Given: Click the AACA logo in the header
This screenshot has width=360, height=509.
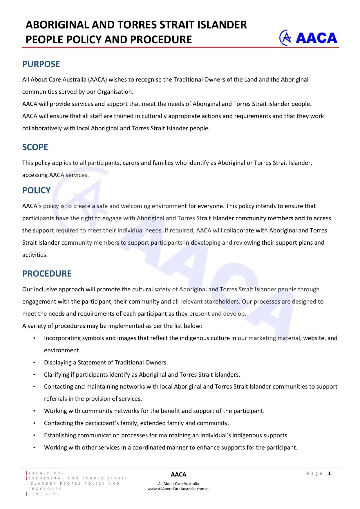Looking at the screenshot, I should coord(308,38).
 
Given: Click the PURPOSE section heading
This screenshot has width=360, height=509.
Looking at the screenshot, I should coord(41,64).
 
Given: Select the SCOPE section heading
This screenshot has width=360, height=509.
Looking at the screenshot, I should coord(35,147).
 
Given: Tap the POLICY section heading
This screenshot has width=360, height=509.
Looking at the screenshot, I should coord(36,190).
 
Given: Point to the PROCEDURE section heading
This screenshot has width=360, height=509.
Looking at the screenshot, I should coord(47,274).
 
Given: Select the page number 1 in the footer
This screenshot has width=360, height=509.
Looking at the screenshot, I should coord(329,473).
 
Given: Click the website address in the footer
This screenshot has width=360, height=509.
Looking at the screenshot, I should coord(178,489).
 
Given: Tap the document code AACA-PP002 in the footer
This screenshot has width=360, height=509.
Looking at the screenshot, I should coord(46,473).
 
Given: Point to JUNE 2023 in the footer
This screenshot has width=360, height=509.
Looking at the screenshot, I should coord(44,494).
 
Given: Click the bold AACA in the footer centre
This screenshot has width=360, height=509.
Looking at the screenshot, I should coord(178,474).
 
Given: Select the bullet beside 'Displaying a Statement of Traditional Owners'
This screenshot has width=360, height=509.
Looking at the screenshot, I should coord(34,362).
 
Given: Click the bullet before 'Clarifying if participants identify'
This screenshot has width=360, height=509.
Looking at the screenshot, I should coord(34,375).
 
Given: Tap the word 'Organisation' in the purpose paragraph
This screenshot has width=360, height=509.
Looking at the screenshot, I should coord(115,92).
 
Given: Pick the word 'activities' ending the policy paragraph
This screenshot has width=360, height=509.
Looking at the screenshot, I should coord(35,255).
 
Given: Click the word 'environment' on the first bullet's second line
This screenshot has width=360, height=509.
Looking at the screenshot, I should coord(62,350).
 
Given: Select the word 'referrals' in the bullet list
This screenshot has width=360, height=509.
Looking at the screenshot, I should coord(55,399).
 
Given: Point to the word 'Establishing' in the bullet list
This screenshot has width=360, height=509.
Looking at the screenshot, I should coord(60,435).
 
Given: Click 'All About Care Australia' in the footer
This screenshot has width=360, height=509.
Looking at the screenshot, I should coord(178,483).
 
